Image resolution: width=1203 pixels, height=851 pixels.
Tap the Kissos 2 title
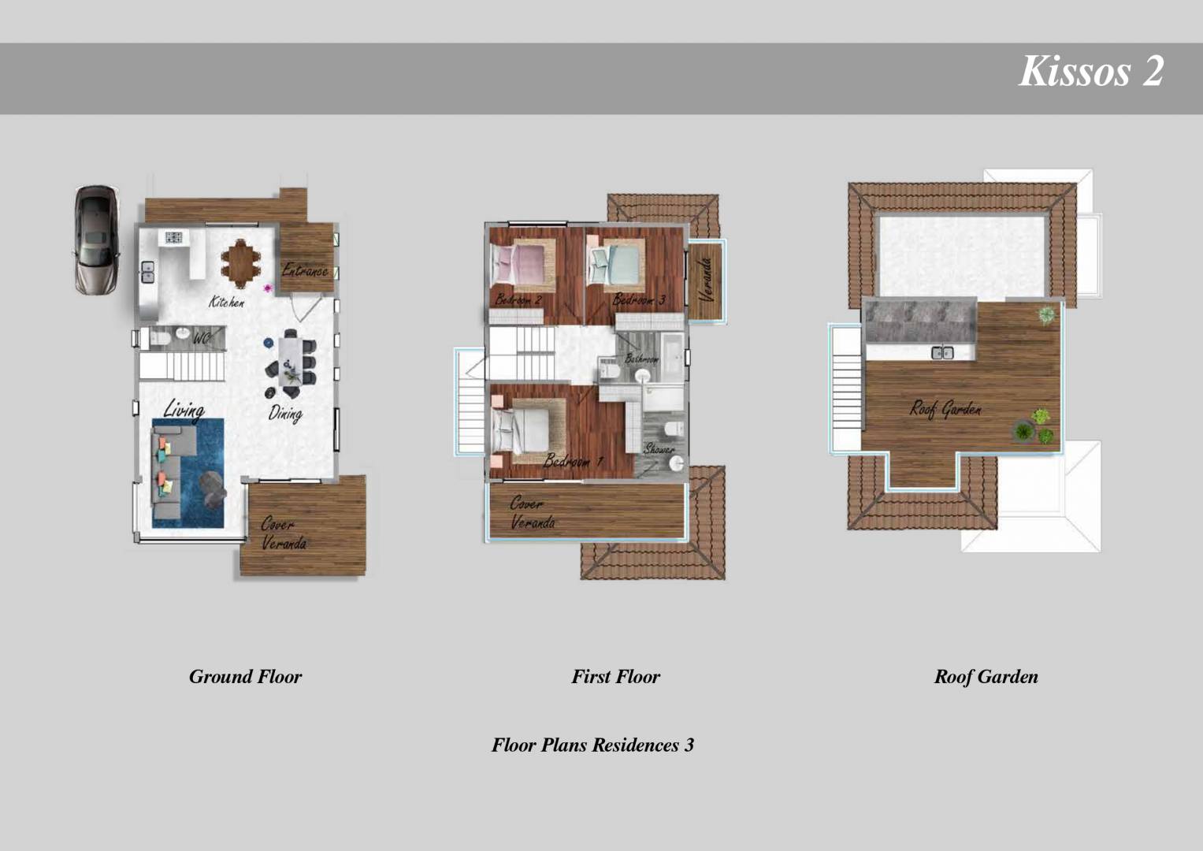tap(1091, 71)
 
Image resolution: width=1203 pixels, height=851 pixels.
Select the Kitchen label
tap(226, 302)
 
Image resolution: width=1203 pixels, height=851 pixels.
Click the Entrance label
tap(305, 270)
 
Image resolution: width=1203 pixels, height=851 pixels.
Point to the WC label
tap(201, 338)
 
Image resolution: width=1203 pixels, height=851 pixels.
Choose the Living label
tap(184, 409)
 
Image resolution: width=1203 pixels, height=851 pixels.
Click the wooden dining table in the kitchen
tap(240, 262)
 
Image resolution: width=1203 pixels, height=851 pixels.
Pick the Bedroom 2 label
tap(518, 300)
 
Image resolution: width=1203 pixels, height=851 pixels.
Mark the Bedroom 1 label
tap(573, 461)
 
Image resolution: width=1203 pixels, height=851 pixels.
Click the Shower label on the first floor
tap(659, 449)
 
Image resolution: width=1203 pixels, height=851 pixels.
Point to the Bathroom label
tap(641, 359)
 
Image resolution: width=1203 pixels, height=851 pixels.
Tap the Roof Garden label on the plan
tap(945, 408)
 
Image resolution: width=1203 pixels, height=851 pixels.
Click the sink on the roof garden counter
tap(941, 352)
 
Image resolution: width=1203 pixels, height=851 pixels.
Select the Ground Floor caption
tap(245, 676)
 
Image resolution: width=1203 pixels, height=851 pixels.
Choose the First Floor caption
tap(615, 676)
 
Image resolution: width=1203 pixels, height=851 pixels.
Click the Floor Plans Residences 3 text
tap(592, 745)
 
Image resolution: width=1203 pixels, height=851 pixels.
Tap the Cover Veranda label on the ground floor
tap(284, 533)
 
